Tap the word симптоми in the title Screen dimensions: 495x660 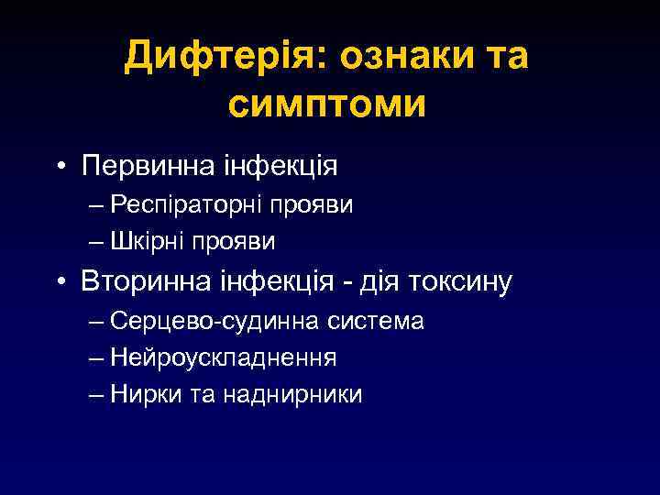326,104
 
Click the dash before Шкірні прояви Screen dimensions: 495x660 98,241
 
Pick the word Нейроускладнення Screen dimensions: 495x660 223,357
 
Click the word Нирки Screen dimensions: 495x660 139,393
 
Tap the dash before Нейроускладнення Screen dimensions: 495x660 98,357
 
